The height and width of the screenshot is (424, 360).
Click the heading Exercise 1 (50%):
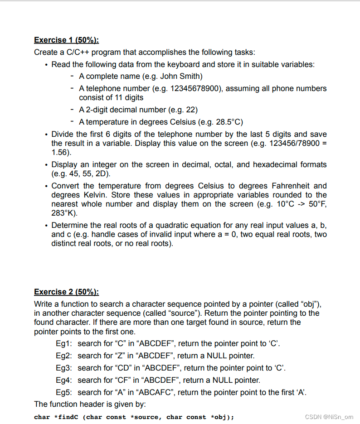66,40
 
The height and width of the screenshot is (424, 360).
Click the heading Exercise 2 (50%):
66,292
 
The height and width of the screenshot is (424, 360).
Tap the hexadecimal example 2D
102,174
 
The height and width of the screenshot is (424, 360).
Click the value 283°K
63,213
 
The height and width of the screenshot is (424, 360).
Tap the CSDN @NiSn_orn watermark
329,417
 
